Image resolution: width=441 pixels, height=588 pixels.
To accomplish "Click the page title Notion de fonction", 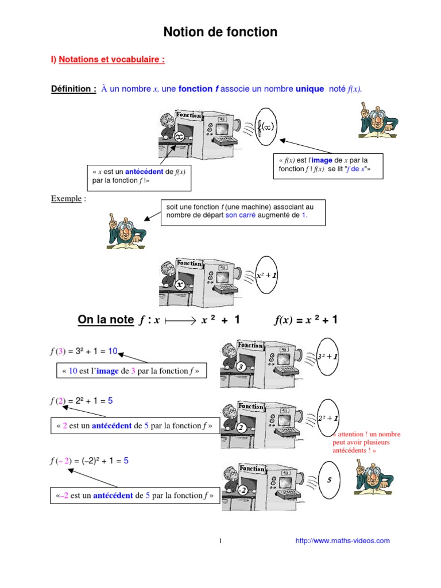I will pos(220,32).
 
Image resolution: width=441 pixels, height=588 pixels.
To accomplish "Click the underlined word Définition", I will pos(73,88).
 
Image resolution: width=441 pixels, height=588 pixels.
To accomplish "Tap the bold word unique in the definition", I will pos(309,88).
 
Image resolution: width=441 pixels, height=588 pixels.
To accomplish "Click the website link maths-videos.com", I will pos(342,540).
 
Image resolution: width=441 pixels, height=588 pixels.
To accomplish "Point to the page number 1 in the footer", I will pos(220,541).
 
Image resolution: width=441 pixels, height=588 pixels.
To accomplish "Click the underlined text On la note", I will pos(105,320).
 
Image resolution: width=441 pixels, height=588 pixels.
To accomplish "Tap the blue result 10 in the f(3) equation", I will pos(113,351).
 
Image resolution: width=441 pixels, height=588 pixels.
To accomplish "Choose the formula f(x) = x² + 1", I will pos(305,320).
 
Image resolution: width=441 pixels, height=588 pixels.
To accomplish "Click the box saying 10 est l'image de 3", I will pos(131,372).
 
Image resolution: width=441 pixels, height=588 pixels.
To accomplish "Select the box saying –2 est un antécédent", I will pos(136,495).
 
